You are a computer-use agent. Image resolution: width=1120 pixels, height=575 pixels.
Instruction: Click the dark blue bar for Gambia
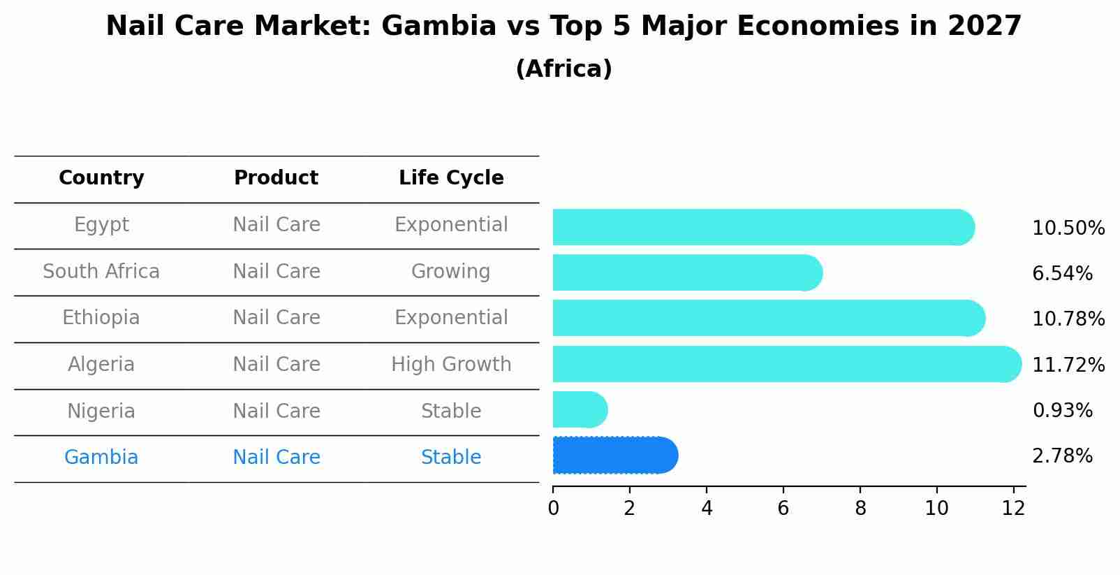click(614, 456)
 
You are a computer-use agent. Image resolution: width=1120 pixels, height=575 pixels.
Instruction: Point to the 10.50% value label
click(1068, 228)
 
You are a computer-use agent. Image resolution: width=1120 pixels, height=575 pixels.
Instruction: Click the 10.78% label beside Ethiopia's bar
click(1068, 319)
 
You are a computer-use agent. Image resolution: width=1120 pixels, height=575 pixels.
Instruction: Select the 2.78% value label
click(1061, 456)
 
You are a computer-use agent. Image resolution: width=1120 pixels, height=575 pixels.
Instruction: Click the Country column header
click(101, 178)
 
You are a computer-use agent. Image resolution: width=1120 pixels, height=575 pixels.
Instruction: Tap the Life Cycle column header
click(451, 178)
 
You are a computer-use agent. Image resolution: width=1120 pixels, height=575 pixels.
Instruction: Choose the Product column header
click(276, 178)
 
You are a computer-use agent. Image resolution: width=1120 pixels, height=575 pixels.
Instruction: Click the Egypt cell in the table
click(101, 225)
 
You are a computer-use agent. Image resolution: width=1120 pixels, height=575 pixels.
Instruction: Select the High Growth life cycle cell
click(451, 365)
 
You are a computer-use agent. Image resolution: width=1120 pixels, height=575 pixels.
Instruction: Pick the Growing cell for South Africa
click(450, 272)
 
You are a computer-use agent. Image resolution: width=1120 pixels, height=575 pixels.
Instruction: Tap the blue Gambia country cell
click(101, 458)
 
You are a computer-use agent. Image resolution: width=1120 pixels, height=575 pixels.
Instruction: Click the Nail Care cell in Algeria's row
click(276, 365)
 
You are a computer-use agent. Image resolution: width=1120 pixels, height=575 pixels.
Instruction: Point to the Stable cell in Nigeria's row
click(451, 412)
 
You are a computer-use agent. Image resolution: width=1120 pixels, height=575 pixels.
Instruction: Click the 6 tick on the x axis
click(783, 509)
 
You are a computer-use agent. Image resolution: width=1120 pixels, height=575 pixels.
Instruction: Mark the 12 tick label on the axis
click(1013, 509)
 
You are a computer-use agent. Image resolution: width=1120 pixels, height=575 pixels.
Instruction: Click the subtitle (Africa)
click(563, 69)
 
